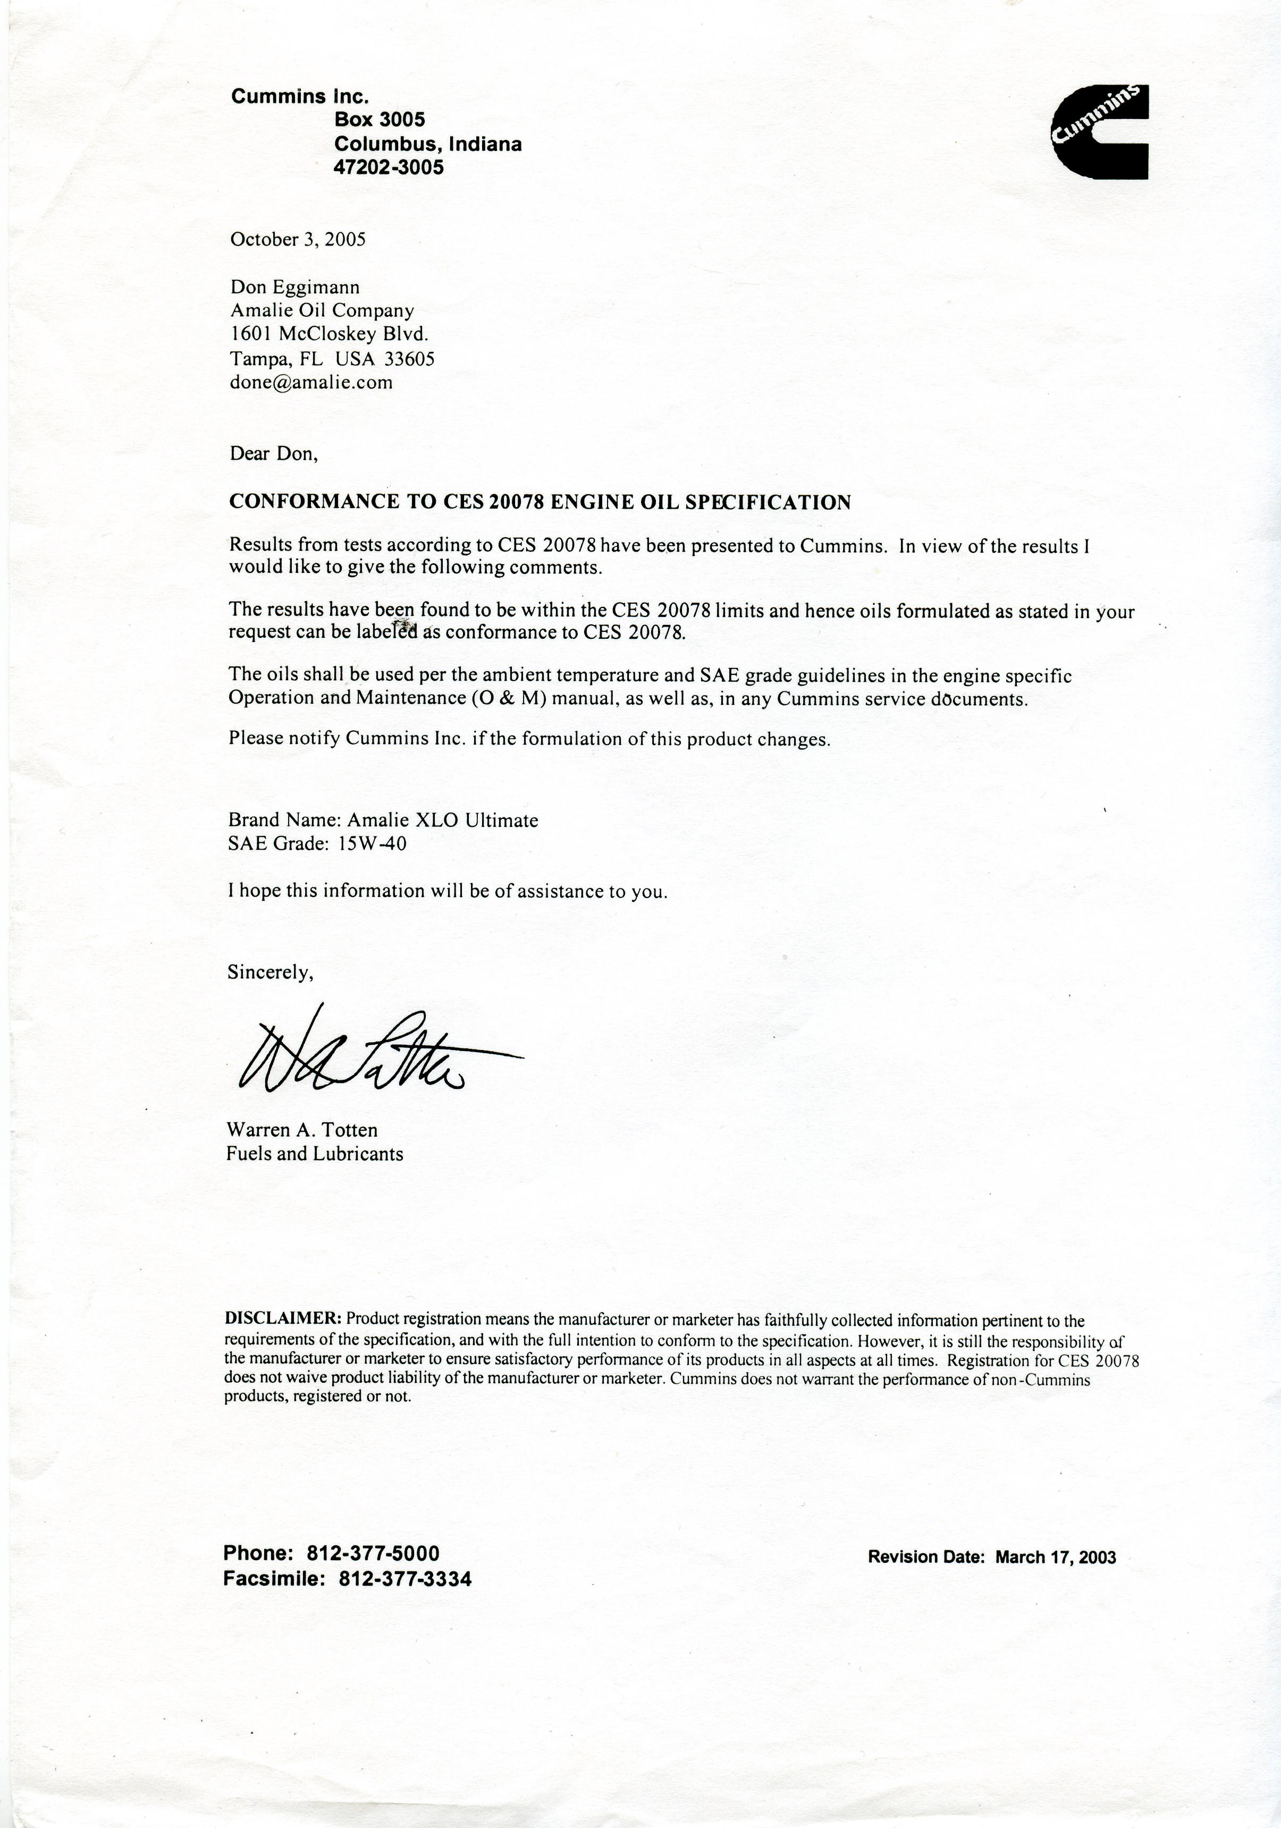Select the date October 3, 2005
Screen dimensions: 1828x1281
[x=298, y=240]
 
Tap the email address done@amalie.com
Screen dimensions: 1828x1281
[x=311, y=382]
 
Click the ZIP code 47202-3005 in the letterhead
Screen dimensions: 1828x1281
[x=389, y=167]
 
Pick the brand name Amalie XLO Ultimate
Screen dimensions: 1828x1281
[x=443, y=820]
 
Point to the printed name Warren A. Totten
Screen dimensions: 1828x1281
[x=302, y=1130]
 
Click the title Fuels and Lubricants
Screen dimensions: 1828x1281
[x=315, y=1154]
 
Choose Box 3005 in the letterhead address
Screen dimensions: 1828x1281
[x=380, y=120]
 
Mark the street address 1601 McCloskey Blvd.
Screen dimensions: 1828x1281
[x=330, y=334]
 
